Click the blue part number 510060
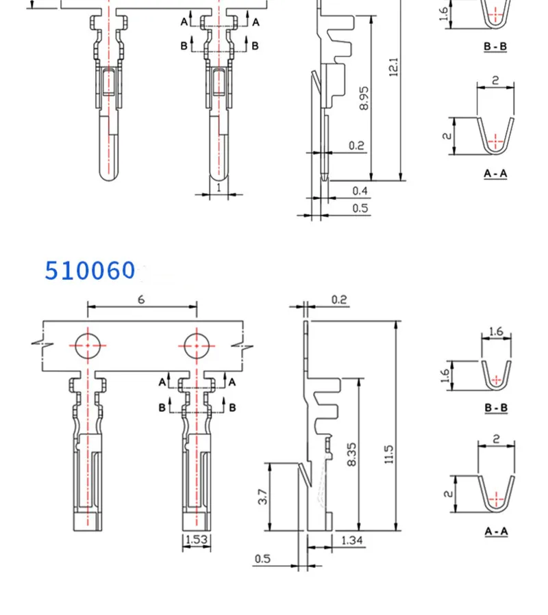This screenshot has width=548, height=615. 90,270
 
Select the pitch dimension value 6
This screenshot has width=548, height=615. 141,300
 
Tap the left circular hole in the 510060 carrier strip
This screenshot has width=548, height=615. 88,346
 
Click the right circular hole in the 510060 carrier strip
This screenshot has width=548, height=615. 197,346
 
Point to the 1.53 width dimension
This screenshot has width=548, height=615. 196,540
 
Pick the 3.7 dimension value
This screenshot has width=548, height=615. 262,497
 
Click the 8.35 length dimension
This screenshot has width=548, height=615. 351,455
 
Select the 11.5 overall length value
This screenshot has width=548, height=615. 388,455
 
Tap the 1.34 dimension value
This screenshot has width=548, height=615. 351,540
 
